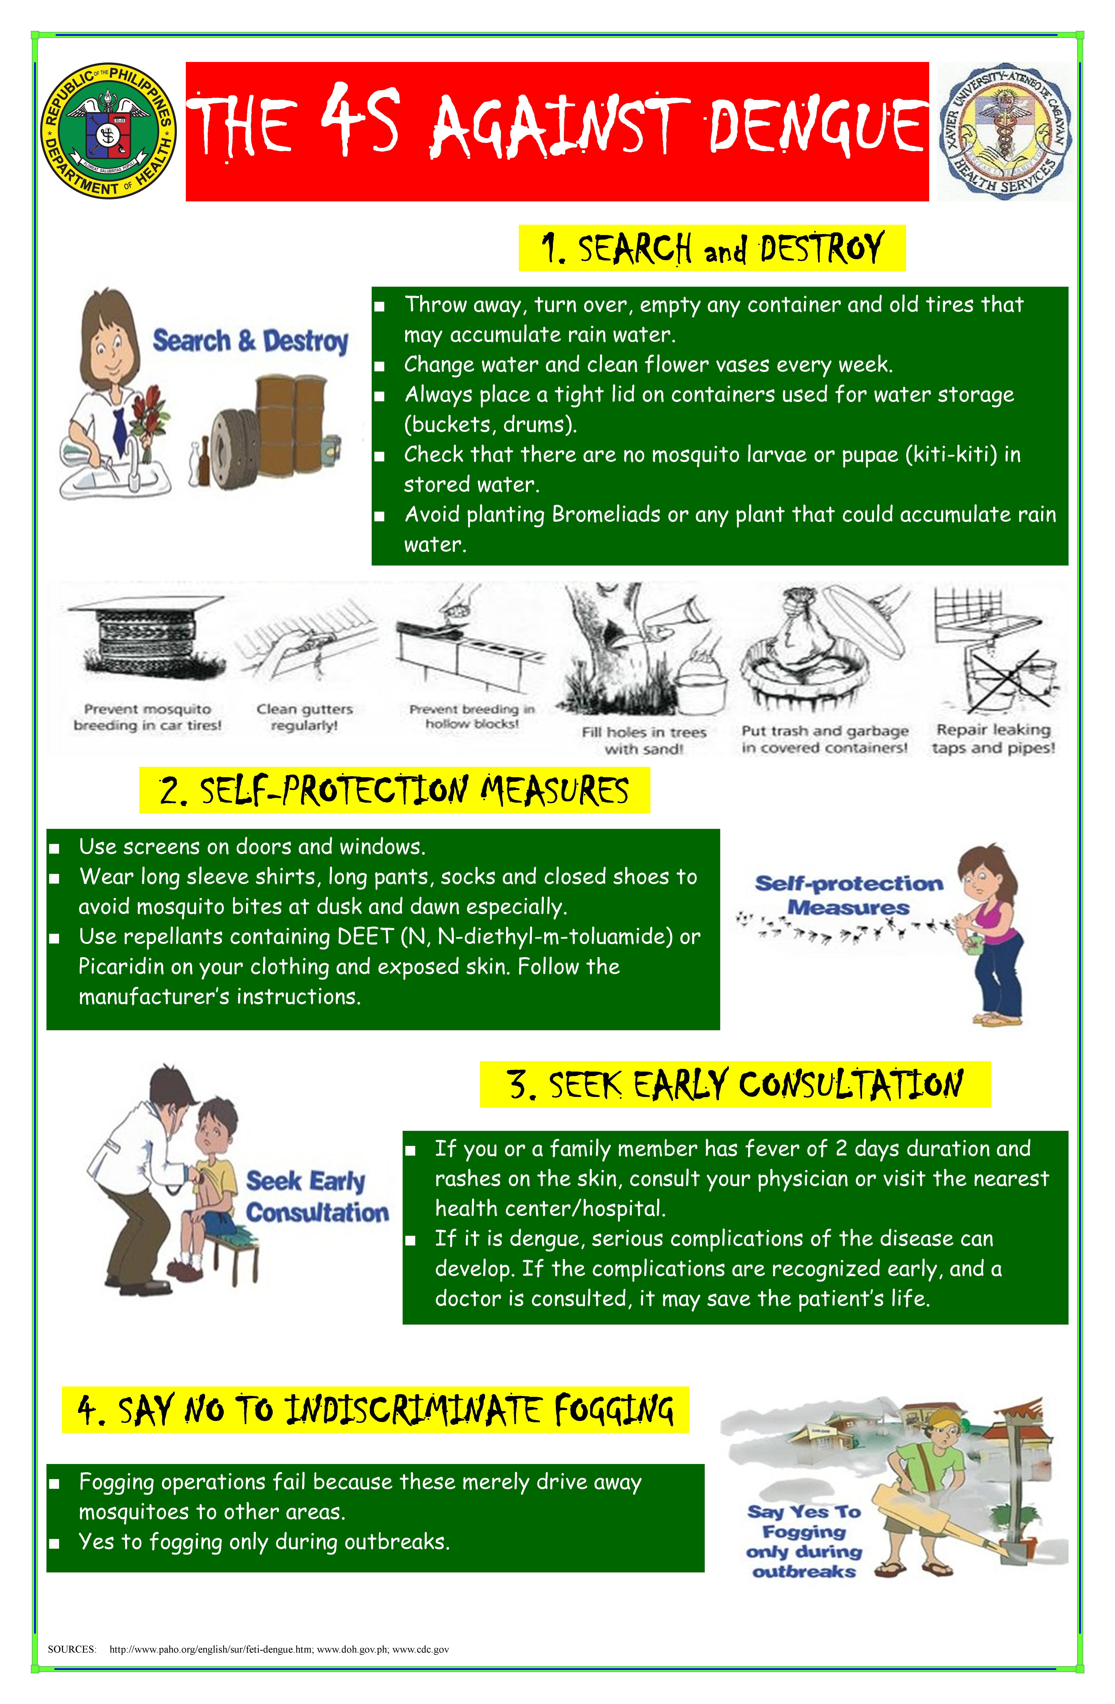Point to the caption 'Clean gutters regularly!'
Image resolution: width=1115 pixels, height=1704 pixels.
(305, 717)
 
